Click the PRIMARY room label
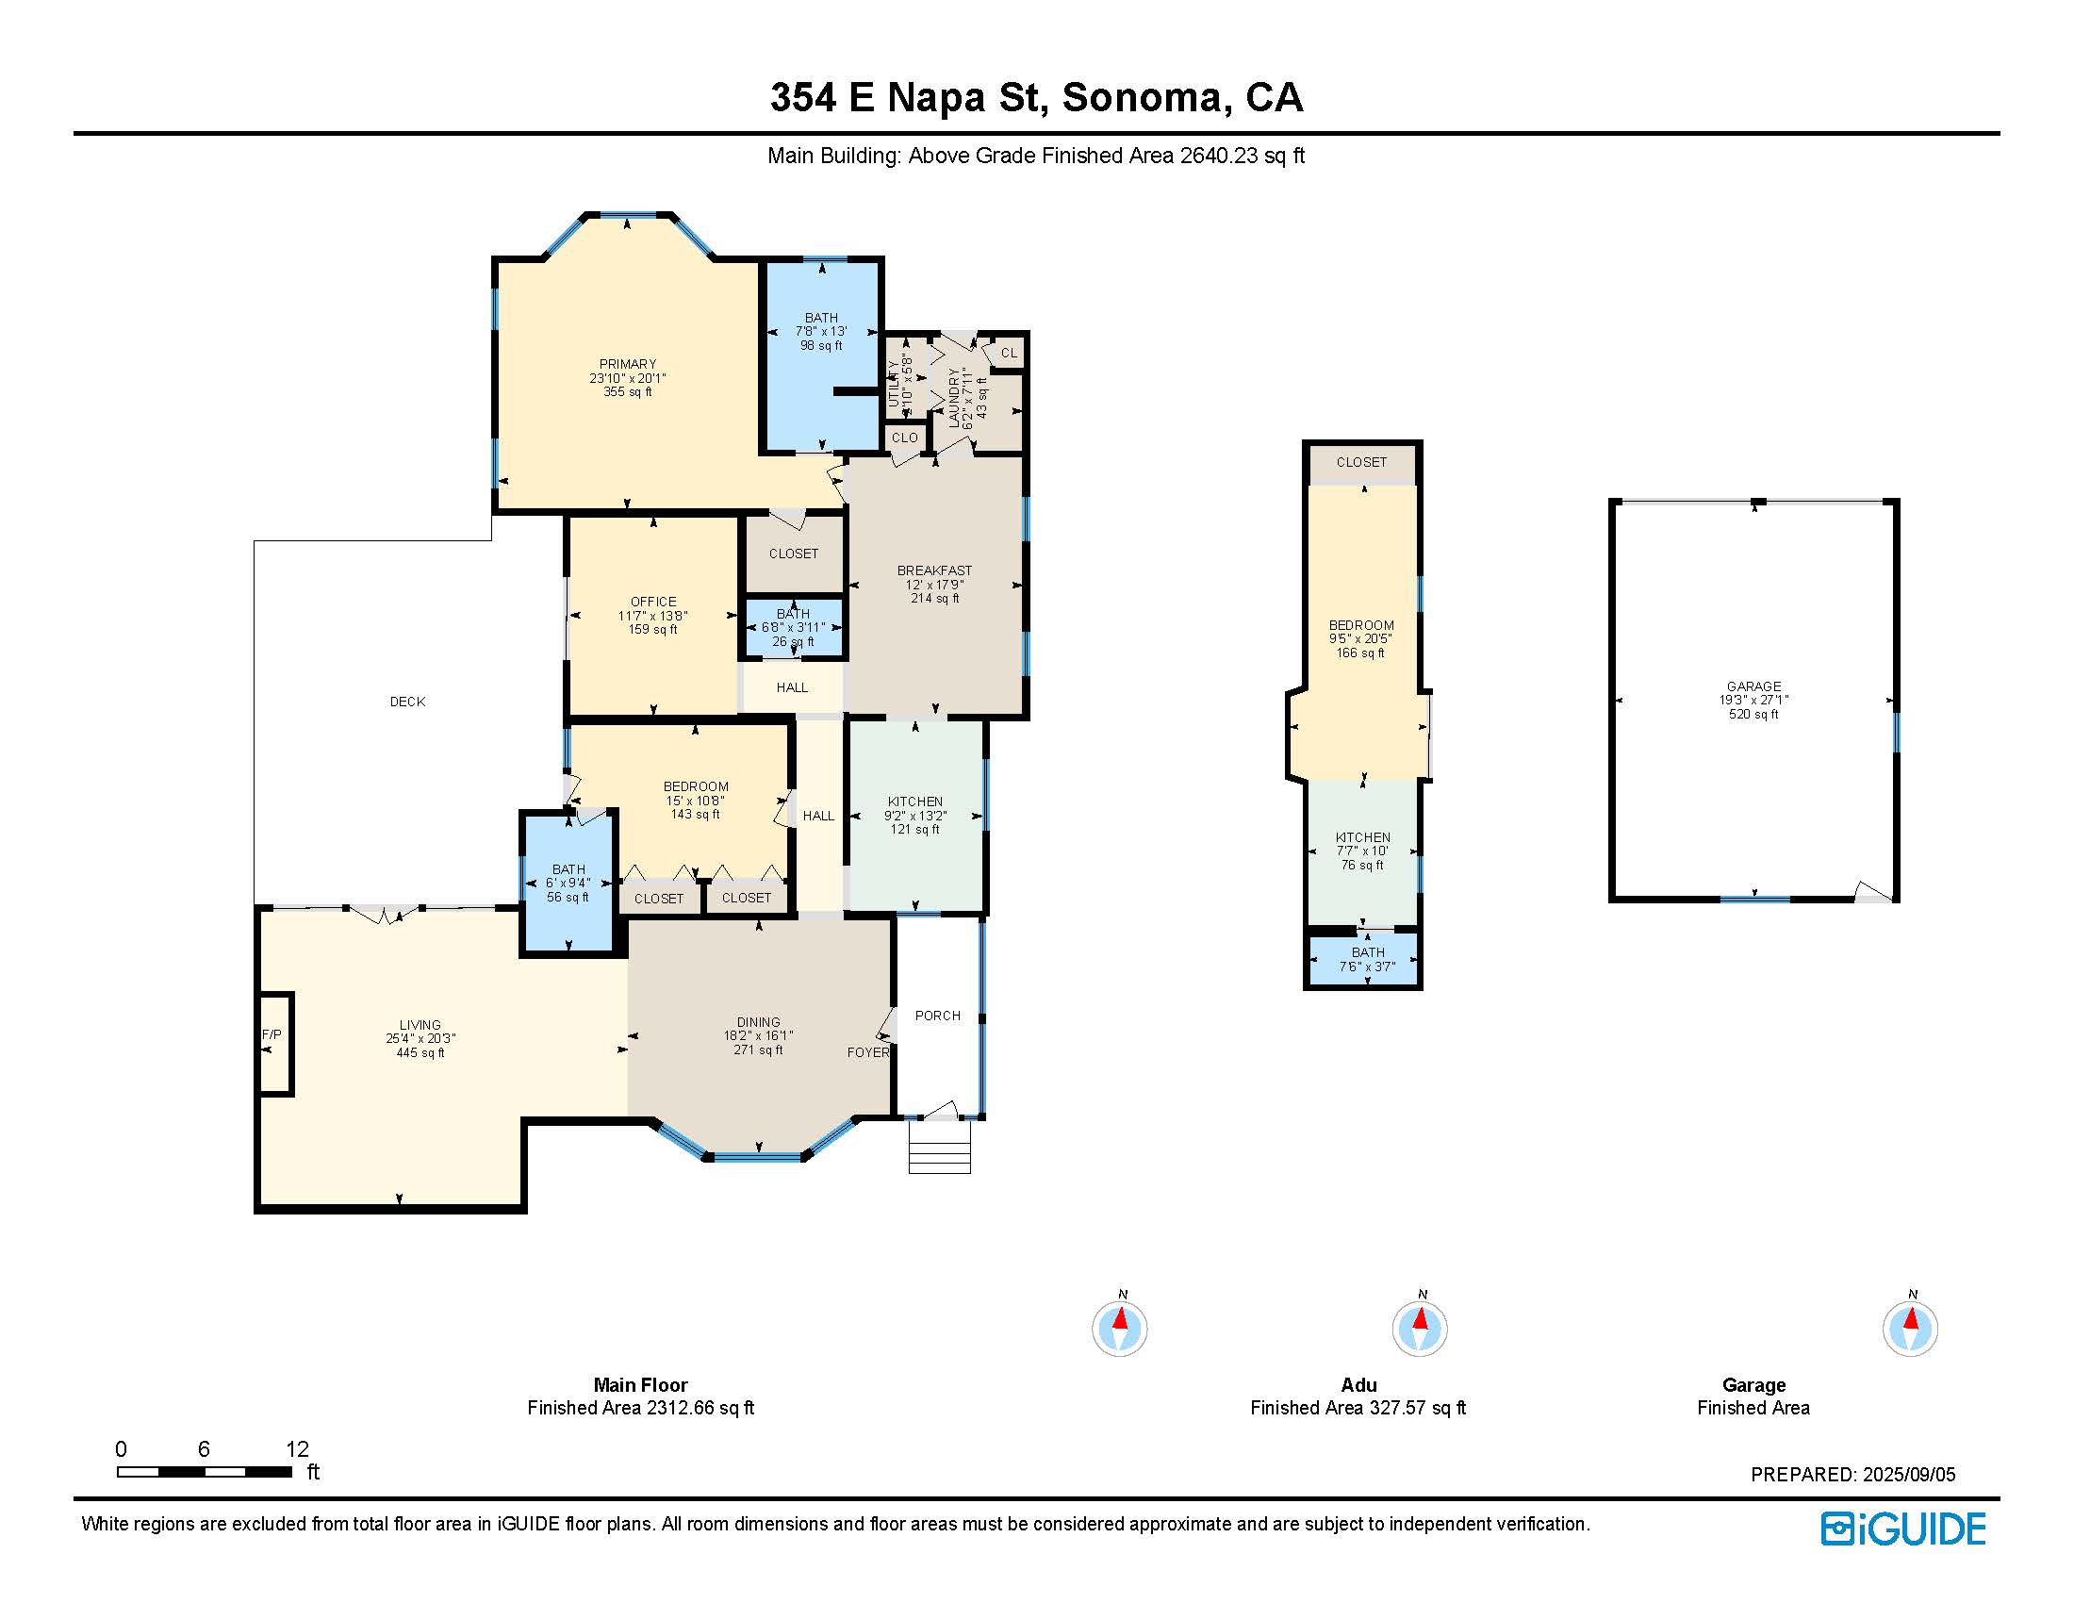tap(627, 364)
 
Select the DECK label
tap(407, 702)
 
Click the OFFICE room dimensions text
tap(652, 616)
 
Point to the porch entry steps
tap(939, 1147)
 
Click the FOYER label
tap(868, 1052)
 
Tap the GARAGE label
tap(1753, 686)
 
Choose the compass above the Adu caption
tap(1419, 1327)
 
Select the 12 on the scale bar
tap(297, 1448)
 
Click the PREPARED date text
tap(1852, 1474)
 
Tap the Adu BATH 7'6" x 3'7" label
tap(1368, 959)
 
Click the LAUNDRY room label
tap(954, 397)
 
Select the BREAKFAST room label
tap(934, 570)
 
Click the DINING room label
tap(758, 1022)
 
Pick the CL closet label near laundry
tap(1009, 353)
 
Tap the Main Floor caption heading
tap(640, 1384)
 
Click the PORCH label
tap(937, 1016)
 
